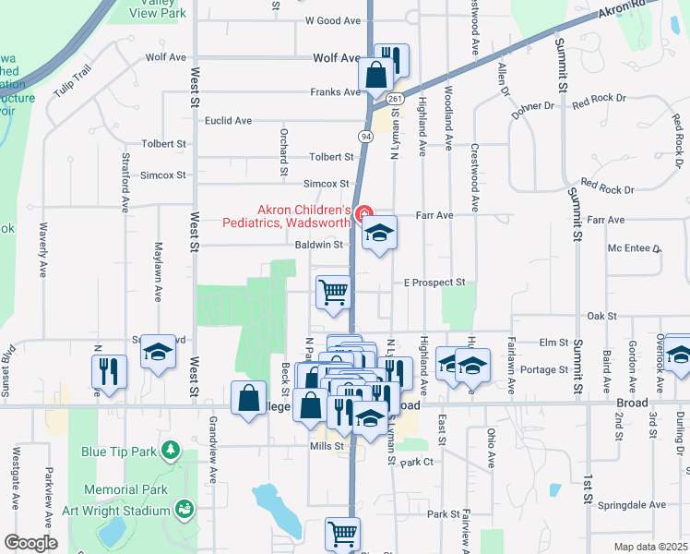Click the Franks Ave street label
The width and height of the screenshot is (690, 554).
tap(335, 92)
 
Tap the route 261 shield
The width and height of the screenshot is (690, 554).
tap(394, 99)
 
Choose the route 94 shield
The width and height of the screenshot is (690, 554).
tap(366, 137)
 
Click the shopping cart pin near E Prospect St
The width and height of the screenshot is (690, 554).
tap(334, 291)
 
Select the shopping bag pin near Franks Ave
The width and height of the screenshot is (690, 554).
tap(376, 74)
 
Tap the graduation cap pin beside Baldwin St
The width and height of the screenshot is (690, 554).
tap(378, 233)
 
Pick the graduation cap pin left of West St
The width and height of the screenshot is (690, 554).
tap(158, 352)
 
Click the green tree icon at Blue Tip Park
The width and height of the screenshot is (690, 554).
tap(170, 450)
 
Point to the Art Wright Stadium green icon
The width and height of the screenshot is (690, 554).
tap(184, 509)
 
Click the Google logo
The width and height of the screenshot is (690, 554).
tap(30, 543)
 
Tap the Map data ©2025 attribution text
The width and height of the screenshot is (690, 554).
tap(650, 547)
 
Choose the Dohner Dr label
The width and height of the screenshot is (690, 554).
tap(533, 107)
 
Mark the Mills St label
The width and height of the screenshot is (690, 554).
tap(327, 445)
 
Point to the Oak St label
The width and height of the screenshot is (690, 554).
tap(601, 316)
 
